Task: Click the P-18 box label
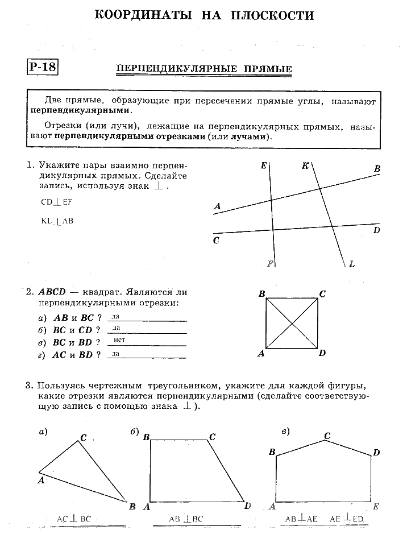pos(42,67)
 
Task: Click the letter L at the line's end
pos(352,264)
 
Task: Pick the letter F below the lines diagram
pos(270,263)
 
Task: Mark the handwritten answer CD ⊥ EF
pos(57,202)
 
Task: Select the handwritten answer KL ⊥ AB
pos(57,221)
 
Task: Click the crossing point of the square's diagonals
pos(292,324)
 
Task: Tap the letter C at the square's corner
pos(322,294)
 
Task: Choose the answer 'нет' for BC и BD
pos(119,340)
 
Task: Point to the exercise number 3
pos(28,386)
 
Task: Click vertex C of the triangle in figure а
pos(83,438)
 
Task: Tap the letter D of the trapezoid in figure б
pos(248,506)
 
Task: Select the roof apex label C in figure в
pos(327,436)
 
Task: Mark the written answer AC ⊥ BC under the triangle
pos(74,519)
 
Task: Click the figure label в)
pos(286,431)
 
